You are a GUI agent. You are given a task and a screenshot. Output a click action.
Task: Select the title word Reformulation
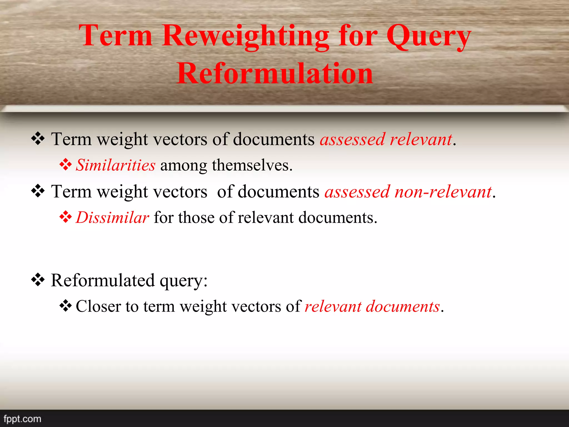(275, 73)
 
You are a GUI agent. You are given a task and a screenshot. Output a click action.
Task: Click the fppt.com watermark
(22, 419)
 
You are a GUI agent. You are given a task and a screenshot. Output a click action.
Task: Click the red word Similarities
(116, 165)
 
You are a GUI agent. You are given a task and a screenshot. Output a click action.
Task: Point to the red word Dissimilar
(113, 217)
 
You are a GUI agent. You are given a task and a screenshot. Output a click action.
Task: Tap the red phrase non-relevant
(443, 192)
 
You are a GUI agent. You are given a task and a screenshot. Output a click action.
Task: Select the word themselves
(252, 165)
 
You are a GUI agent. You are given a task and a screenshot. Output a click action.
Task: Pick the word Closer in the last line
(98, 306)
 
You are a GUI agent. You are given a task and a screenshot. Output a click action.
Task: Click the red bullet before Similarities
(66, 165)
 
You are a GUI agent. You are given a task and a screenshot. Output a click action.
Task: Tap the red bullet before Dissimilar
(66, 217)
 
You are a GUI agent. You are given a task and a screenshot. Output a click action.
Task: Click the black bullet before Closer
(66, 306)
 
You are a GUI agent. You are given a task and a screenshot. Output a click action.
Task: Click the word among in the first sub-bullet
(183, 165)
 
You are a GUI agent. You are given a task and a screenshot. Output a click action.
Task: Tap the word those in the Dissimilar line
(196, 217)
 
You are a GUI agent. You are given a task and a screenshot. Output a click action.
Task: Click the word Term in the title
(116, 36)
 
